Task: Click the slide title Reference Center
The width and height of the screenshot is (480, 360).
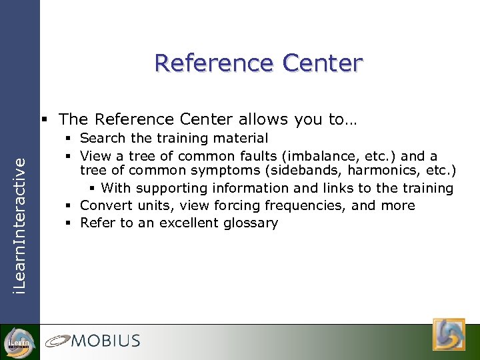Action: tap(259, 63)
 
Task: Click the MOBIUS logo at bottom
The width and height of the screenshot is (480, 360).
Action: tap(93, 341)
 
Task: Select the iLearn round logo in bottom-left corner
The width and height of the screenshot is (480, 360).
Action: tap(18, 342)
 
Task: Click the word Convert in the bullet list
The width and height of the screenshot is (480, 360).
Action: tap(104, 206)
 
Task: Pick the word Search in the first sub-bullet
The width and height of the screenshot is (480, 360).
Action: tap(102, 139)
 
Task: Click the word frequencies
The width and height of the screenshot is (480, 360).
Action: tap(313, 206)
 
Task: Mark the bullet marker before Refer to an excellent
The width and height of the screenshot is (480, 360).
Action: tap(70, 223)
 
